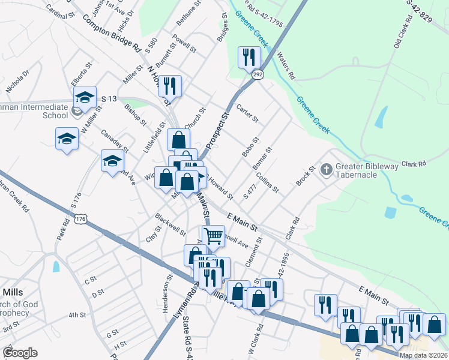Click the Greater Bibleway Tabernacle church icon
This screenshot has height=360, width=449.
[327, 170]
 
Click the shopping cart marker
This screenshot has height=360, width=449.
[213, 236]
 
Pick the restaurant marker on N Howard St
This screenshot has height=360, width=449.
[170, 86]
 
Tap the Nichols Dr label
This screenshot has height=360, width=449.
[17, 82]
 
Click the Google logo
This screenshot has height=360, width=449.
[20, 353]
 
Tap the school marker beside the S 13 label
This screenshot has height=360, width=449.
[85, 97]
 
